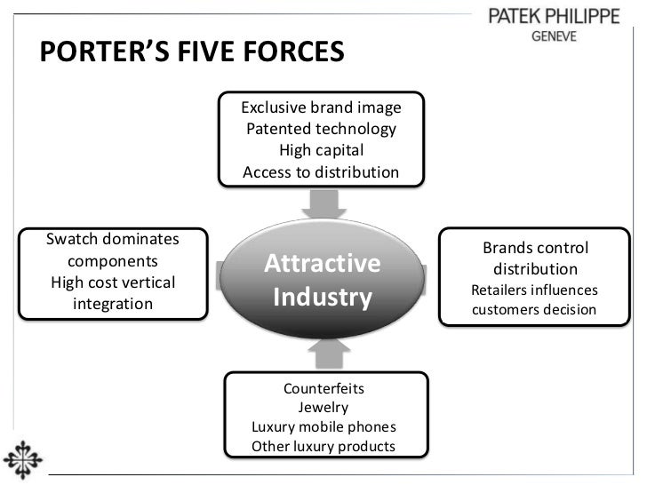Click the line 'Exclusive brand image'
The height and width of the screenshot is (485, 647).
[321, 108]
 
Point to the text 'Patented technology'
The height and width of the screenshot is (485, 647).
[321, 130]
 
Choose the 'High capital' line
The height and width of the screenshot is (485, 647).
[321, 151]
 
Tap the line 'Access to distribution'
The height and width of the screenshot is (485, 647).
[321, 172]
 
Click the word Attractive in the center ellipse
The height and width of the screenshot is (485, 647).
[323, 264]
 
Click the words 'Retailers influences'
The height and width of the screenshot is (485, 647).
[534, 290]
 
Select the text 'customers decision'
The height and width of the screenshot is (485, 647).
[534, 311]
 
